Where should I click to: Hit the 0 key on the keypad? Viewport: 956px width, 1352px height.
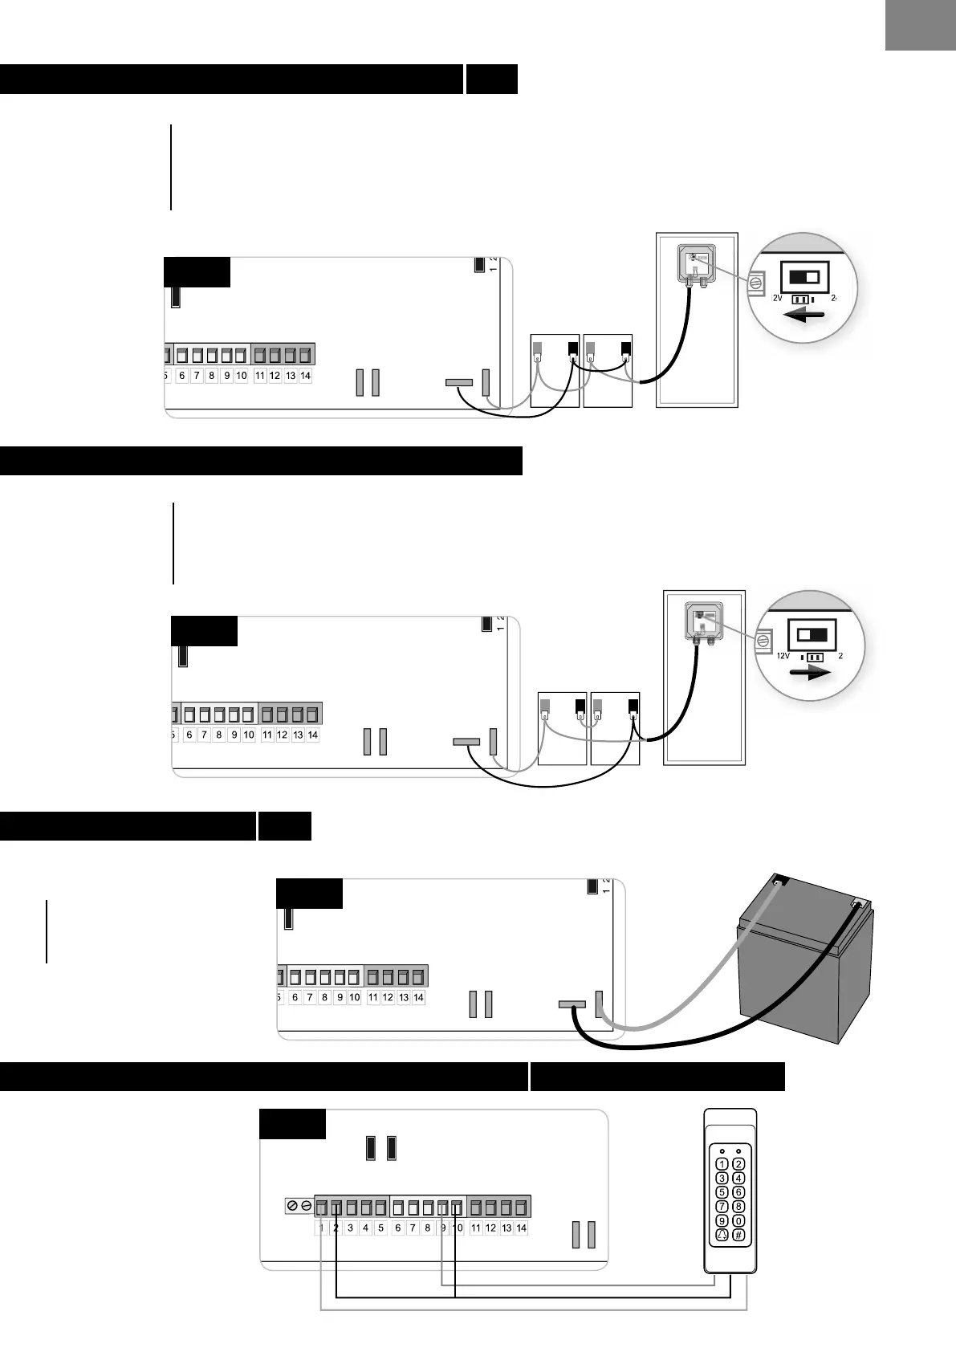pyautogui.click(x=739, y=1221)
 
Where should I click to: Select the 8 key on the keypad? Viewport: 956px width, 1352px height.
pyautogui.click(x=739, y=1207)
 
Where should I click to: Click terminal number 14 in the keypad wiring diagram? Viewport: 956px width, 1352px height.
pyautogui.click(x=521, y=1228)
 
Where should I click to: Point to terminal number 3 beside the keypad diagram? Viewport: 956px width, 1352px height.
pyautogui.click(x=351, y=1228)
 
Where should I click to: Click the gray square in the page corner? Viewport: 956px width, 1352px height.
pyautogui.click(x=921, y=25)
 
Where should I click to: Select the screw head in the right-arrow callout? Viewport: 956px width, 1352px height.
pyautogui.click(x=763, y=639)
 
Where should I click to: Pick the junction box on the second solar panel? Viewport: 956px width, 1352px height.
pyautogui.click(x=703, y=620)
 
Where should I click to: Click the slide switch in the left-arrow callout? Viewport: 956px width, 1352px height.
pyautogui.click(x=805, y=277)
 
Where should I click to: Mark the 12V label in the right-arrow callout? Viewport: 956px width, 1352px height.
pyautogui.click(x=783, y=655)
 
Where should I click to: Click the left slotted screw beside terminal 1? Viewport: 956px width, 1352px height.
pyautogui.click(x=293, y=1207)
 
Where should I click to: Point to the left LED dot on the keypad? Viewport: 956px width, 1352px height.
pyautogui.click(x=722, y=1149)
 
